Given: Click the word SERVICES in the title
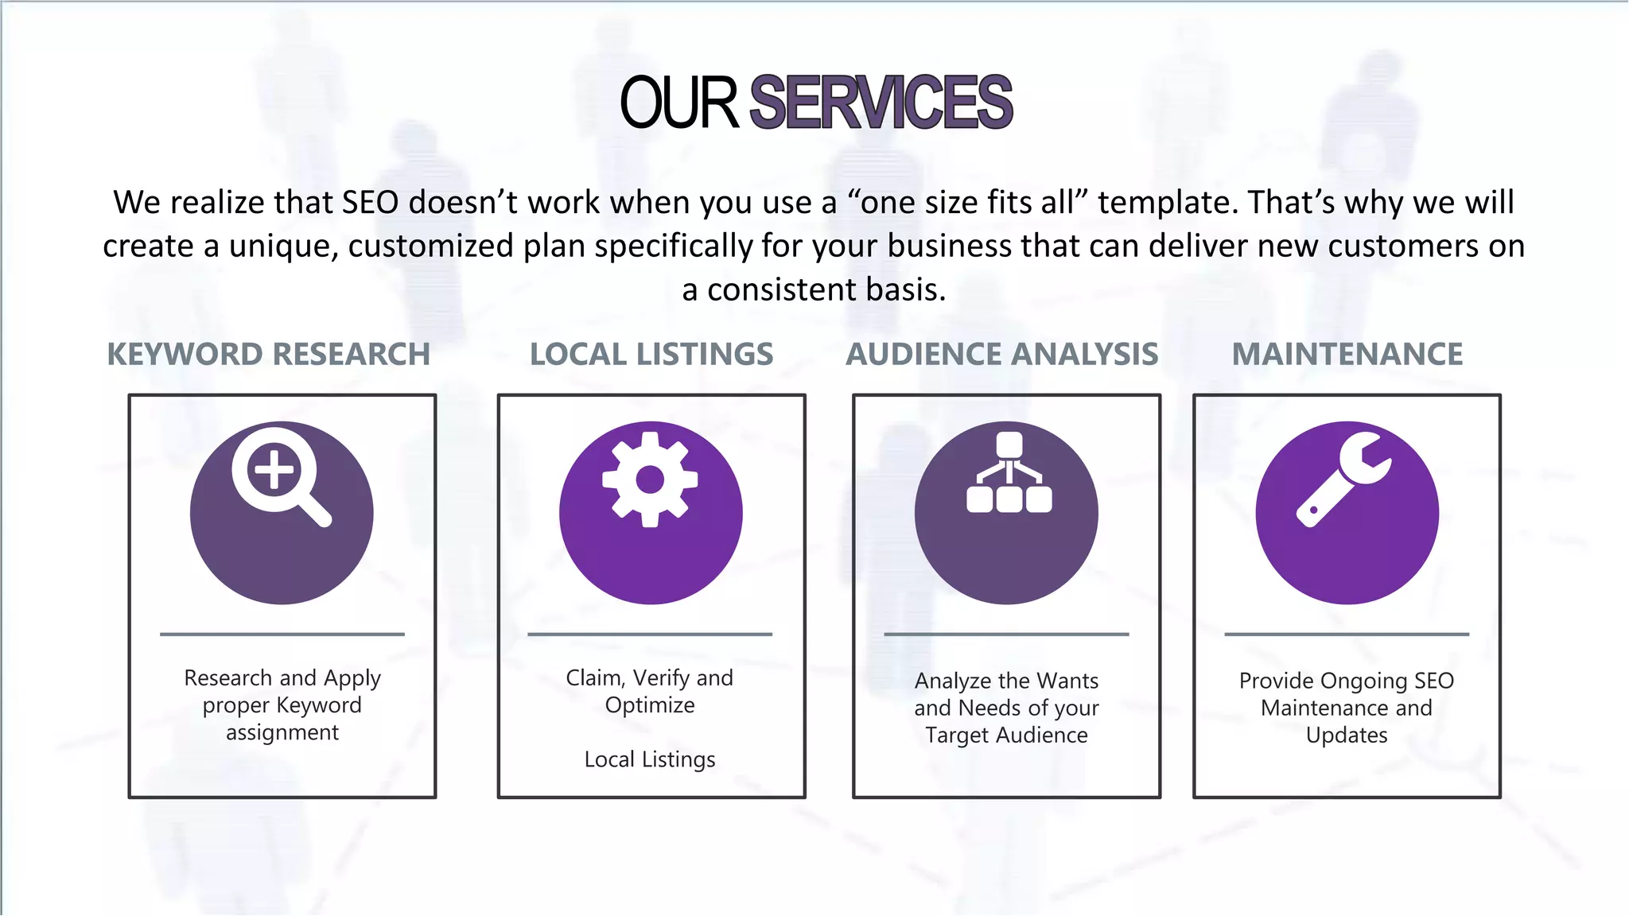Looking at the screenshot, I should pos(881,103).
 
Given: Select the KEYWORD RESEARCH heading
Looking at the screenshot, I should pos(269,355).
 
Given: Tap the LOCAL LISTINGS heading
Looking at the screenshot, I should pos(651,355).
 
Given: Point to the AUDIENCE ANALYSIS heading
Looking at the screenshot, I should pos(1002,355).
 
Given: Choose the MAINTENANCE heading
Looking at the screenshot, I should pos(1347,355).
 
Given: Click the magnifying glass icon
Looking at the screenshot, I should pos(281,477).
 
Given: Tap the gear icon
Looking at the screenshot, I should pos(650,479).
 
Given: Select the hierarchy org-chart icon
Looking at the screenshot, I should pos(1009,473).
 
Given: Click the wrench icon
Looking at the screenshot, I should pos(1344,479).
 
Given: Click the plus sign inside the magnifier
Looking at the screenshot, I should pos(274,469).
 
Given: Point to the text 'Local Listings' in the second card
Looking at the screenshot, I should pos(650,759).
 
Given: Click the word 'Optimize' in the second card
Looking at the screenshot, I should pos(650,705).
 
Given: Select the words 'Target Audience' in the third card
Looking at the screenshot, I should pos(1006,736).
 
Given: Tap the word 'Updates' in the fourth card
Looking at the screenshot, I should pos(1347,736).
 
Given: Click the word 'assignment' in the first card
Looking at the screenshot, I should pos(282,732).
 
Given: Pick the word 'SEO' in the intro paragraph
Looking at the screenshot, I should pos(370,203).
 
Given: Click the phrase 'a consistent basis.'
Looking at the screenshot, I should pos(814,290).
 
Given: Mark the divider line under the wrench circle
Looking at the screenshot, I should pos(1347,635).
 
